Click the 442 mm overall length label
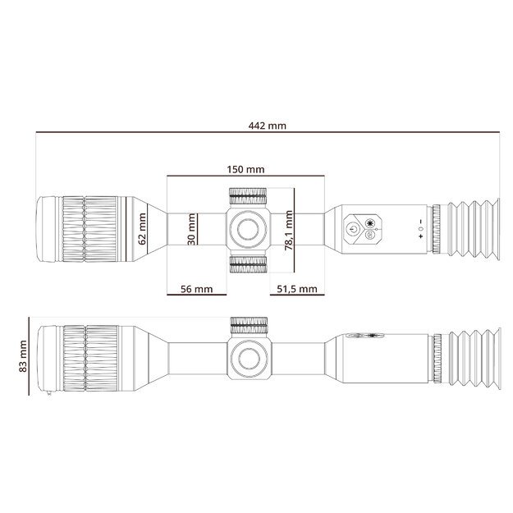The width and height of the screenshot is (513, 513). point(267,126)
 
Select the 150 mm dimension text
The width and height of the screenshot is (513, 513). point(245,169)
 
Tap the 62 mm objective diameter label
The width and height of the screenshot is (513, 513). point(142,229)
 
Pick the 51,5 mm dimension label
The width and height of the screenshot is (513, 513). point(297,289)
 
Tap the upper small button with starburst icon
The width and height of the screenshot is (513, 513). point(370,222)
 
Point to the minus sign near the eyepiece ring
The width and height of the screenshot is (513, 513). point(419,222)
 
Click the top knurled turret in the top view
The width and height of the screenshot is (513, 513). point(247,196)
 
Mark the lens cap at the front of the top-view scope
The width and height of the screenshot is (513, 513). point(48,229)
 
